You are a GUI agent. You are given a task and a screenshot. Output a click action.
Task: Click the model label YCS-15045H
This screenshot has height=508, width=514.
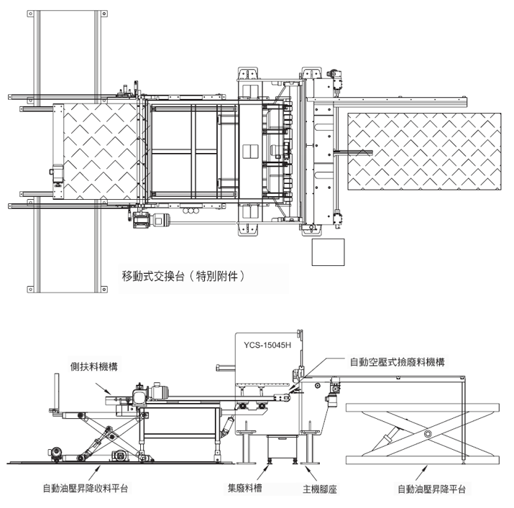pyautogui.click(x=267, y=345)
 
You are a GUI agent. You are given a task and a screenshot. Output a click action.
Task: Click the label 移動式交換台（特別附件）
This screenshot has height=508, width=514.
pyautogui.click(x=183, y=277)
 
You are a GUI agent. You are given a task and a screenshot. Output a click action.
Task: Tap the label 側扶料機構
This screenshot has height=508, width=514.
pyautogui.click(x=93, y=366)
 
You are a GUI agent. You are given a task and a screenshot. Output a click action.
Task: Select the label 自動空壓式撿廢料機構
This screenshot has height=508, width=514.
pyautogui.click(x=397, y=362)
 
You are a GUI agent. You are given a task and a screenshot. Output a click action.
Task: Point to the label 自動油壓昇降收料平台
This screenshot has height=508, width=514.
pyautogui.click(x=86, y=489)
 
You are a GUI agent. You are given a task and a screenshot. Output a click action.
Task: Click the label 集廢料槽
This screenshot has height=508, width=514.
pyautogui.click(x=244, y=488)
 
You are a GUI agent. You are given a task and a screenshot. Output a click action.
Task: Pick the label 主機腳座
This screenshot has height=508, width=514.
pyautogui.click(x=320, y=489)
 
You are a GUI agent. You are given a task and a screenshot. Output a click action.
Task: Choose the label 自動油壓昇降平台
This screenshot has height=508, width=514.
pyautogui.click(x=431, y=489)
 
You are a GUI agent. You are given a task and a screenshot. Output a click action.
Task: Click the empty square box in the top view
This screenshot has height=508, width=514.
pyautogui.click(x=328, y=252)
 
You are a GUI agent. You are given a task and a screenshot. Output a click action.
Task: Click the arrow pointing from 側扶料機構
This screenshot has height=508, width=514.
pyautogui.click(x=103, y=388)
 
